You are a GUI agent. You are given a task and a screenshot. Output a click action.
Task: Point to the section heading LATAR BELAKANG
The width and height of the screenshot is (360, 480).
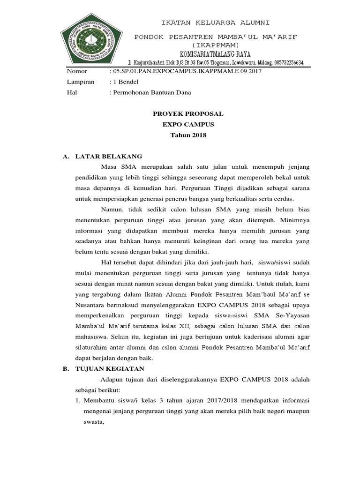pos(109,156)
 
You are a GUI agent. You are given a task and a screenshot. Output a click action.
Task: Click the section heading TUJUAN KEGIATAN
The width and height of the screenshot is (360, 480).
pos(110,369)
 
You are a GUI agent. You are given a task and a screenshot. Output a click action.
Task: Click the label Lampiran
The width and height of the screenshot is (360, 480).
pos(81,82)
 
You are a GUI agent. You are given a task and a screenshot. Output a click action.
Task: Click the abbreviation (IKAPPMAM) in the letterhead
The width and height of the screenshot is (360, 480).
pos(215,44)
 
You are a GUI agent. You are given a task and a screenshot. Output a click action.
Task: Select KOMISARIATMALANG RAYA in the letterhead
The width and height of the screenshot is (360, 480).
pos(216,53)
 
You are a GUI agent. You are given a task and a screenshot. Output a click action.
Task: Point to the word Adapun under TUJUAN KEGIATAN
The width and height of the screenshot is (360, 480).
pos(114,380)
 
